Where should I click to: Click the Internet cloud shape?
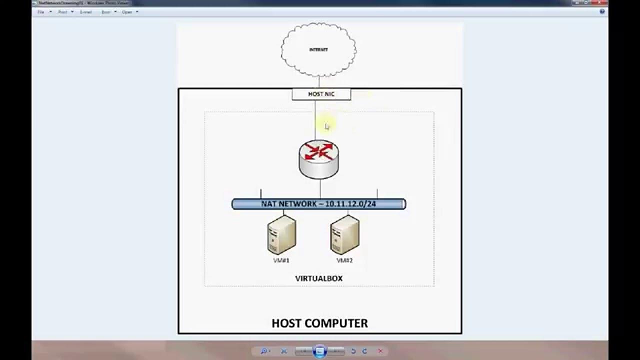tap(318, 49)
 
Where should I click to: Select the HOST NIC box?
tap(321, 94)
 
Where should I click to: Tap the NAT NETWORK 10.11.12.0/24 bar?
tap(318, 204)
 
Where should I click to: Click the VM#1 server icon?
tap(281, 235)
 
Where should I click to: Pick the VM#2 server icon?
tap(344, 235)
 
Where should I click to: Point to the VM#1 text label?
tap(281, 260)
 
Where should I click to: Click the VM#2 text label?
tap(344, 260)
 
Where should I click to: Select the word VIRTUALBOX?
tap(318, 278)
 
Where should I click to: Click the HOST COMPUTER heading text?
tap(319, 323)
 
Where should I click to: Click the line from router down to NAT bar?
tap(320, 189)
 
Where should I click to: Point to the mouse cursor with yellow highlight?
tap(326, 126)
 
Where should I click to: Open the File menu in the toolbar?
tap(41, 12)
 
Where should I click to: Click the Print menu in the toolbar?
tap(62, 12)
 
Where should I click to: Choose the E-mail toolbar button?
tap(85, 12)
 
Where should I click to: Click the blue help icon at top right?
tap(602, 11)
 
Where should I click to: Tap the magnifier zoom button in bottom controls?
tap(264, 351)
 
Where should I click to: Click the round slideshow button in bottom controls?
tap(320, 351)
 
